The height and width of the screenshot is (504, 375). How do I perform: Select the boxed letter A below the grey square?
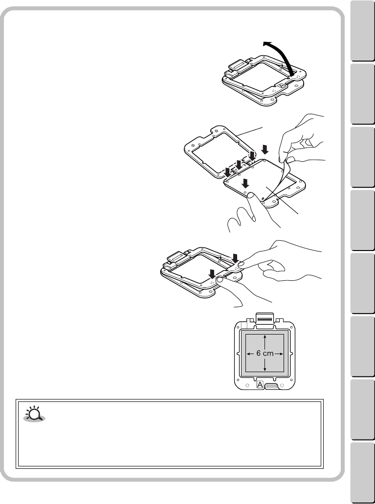pos(261,385)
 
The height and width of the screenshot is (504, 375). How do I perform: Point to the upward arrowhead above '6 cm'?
pos(265,337)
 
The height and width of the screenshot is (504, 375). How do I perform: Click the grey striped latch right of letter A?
pos(272,386)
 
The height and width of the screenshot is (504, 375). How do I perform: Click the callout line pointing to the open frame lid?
pos(252,132)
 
